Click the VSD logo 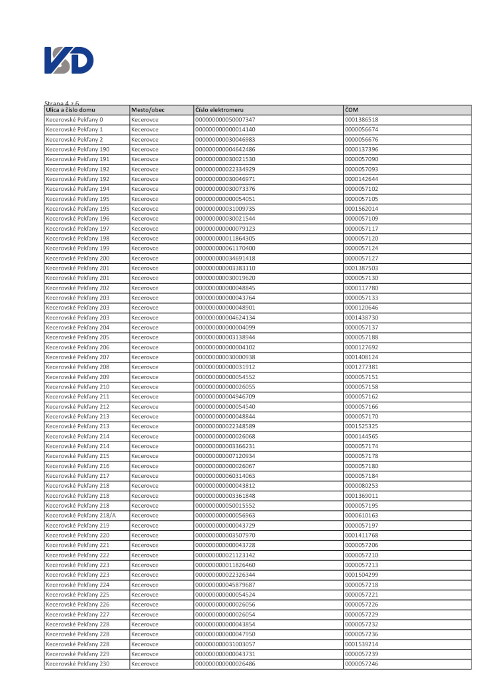click(x=69, y=61)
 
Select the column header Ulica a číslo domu click(x=70, y=109)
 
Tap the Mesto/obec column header click(x=148, y=109)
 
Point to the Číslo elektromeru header click(x=220, y=109)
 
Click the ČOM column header click(x=352, y=109)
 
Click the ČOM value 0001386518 click(x=362, y=119)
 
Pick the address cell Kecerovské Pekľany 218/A click(x=80, y=515)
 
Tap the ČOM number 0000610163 click(x=362, y=515)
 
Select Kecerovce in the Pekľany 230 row click(x=144, y=664)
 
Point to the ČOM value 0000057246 click(x=362, y=664)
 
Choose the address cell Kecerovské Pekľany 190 click(x=77, y=149)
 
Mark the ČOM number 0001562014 click(x=362, y=208)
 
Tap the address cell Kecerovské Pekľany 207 click(x=77, y=357)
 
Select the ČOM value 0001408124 click(x=362, y=357)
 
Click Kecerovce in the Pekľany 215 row click(x=144, y=456)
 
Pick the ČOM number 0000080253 click(x=362, y=485)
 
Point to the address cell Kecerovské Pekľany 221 click(x=77, y=545)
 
